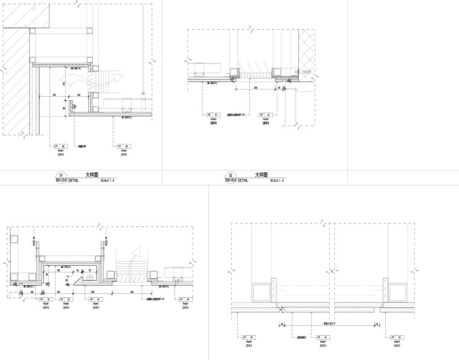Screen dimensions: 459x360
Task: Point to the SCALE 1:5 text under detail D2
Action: click(277, 181)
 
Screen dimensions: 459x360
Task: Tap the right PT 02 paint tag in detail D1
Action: click(123, 146)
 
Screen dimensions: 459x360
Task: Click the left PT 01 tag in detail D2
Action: click(213, 114)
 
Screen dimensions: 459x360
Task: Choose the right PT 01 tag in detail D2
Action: click(265, 114)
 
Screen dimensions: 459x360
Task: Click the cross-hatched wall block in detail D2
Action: click(306, 54)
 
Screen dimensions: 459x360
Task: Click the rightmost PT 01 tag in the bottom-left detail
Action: click(182, 298)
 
